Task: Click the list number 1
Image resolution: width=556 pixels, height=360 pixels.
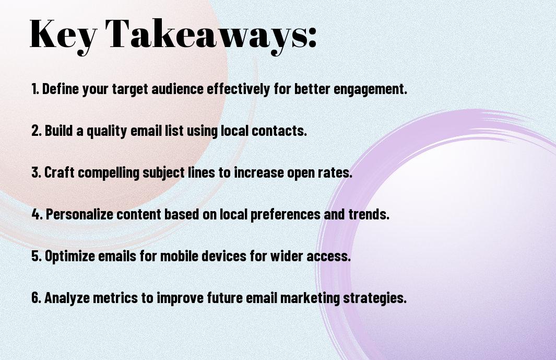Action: pos(35,89)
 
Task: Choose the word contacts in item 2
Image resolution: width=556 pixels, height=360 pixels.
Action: pos(279,131)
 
